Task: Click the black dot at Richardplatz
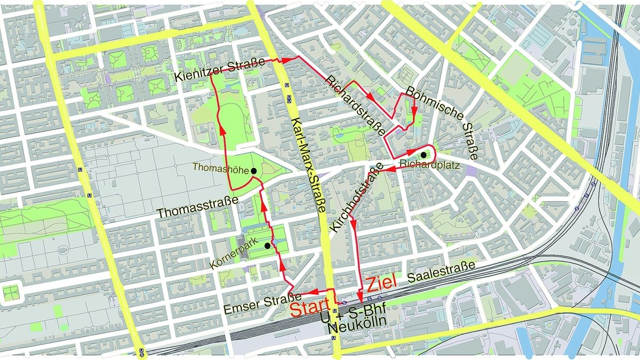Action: point(422,155)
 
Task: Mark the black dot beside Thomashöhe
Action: point(253,171)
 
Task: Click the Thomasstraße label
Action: point(197,206)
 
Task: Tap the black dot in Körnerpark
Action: point(267,246)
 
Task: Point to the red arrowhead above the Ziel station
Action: point(361,297)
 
